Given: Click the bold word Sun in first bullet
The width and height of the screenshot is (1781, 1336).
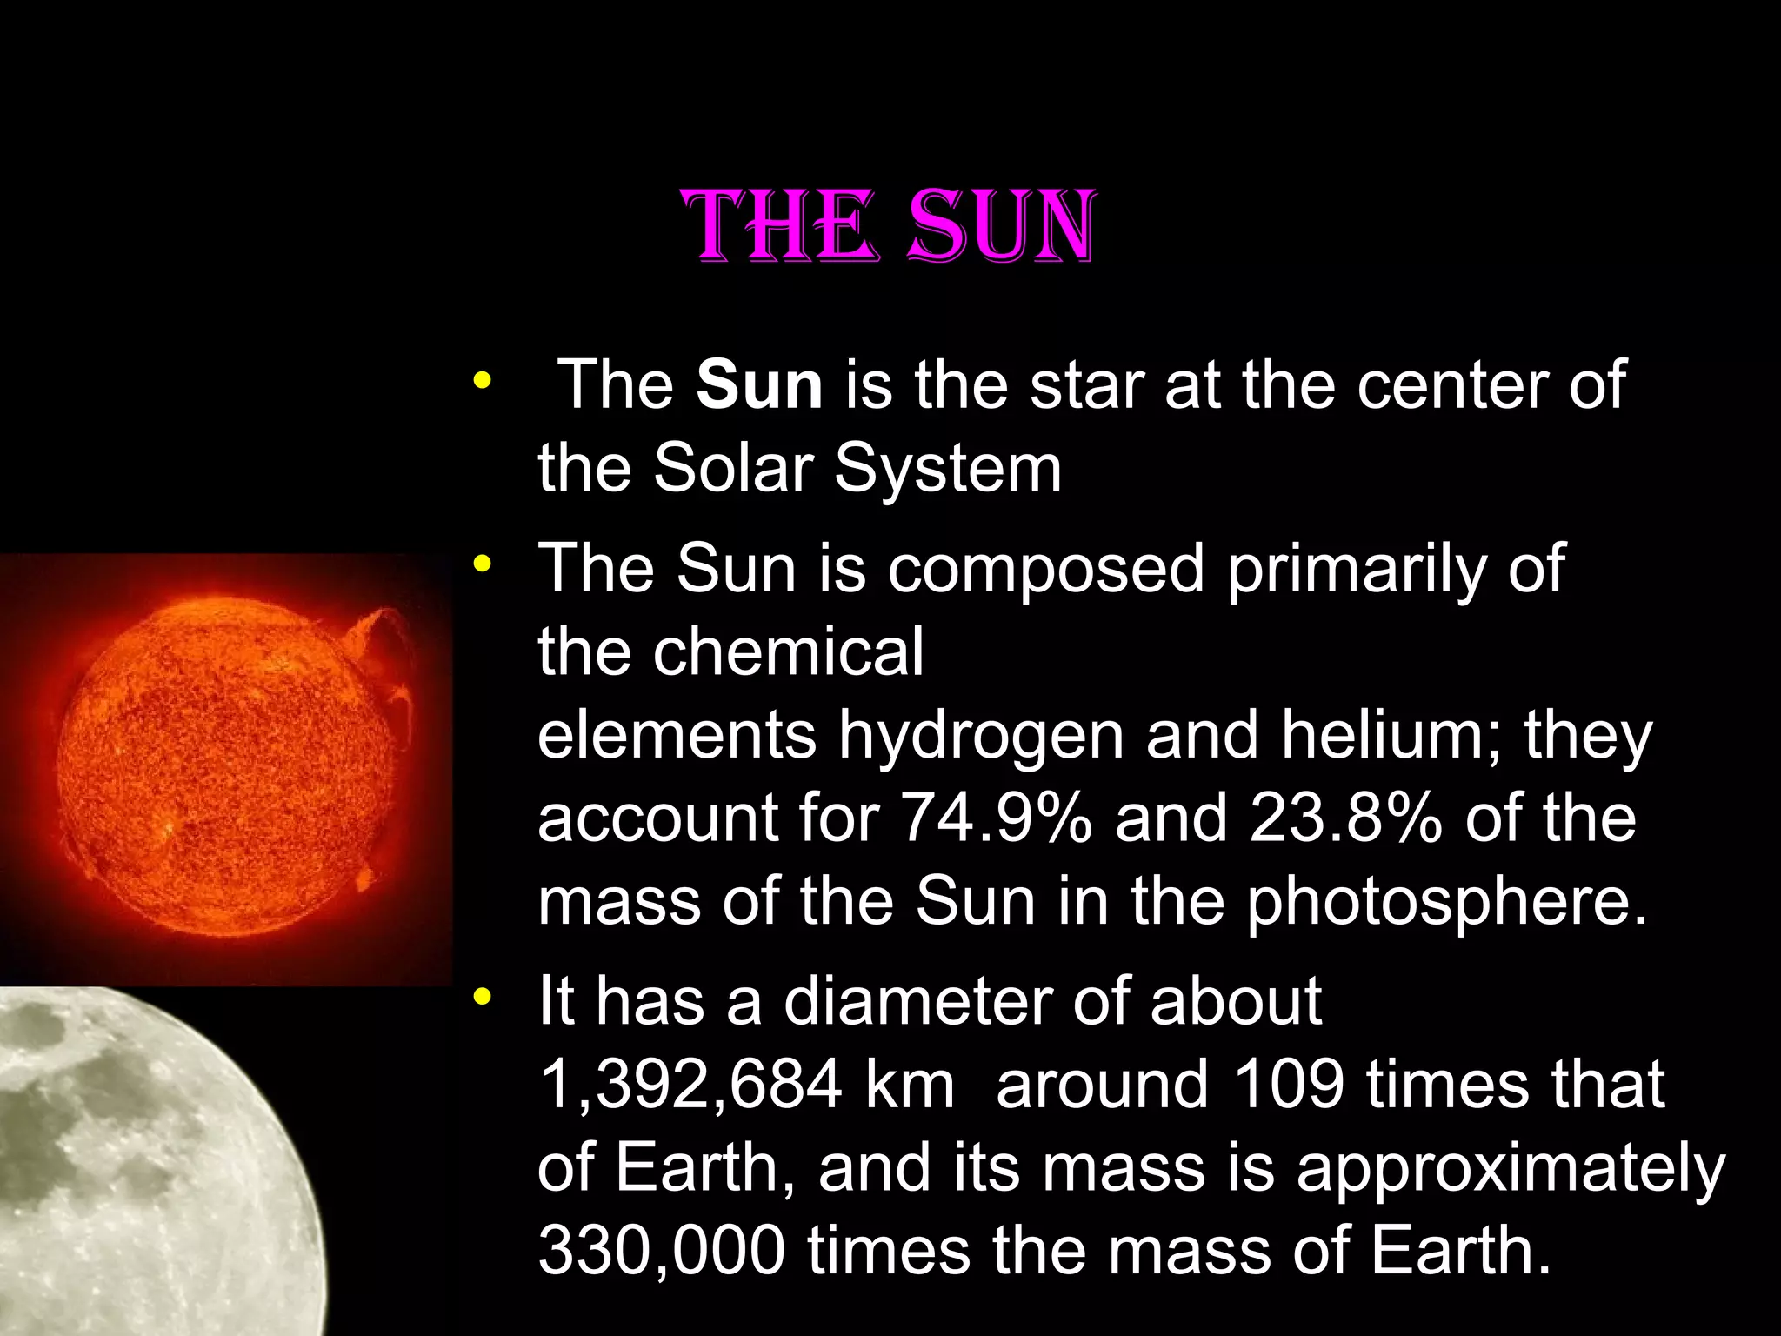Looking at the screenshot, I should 759,384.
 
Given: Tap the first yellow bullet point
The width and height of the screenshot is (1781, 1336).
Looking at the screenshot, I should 481,381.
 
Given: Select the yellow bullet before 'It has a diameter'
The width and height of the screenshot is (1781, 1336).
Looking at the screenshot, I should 481,997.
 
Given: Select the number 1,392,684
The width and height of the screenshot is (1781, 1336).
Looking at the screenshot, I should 691,1085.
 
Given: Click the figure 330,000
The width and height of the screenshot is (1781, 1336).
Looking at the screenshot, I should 661,1250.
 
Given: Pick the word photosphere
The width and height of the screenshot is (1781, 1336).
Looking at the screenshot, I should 1447,902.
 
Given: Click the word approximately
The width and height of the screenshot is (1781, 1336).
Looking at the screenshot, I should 1511,1169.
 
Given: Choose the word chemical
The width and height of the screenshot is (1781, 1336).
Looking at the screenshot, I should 789,651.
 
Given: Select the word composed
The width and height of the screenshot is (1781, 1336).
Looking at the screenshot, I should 1046,569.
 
